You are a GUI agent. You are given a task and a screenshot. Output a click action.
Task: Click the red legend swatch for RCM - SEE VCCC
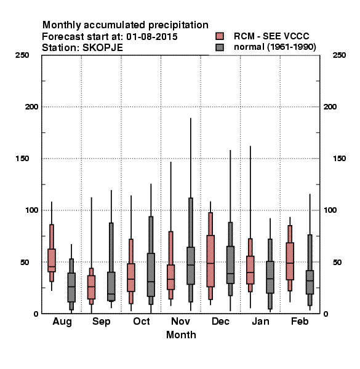[220, 36]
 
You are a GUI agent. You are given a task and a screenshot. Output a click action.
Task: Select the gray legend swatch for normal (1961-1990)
[220, 47]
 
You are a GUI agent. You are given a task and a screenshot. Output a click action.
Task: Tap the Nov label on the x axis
[180, 321]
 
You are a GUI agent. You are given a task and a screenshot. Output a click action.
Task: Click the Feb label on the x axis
[300, 321]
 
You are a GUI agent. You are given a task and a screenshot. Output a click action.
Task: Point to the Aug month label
[62, 322]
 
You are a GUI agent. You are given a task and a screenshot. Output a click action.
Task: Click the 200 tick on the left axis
[31, 107]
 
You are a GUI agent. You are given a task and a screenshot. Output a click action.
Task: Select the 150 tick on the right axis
[339, 159]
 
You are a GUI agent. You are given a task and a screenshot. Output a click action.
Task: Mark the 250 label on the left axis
[22, 55]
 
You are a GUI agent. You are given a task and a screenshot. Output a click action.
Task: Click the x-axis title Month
[181, 335]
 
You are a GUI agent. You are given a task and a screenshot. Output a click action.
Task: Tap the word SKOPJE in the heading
[103, 48]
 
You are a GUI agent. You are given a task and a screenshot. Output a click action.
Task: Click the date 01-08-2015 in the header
[152, 37]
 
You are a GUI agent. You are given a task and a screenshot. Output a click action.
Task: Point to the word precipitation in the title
[178, 25]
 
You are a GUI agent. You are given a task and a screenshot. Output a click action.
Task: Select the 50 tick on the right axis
[337, 262]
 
